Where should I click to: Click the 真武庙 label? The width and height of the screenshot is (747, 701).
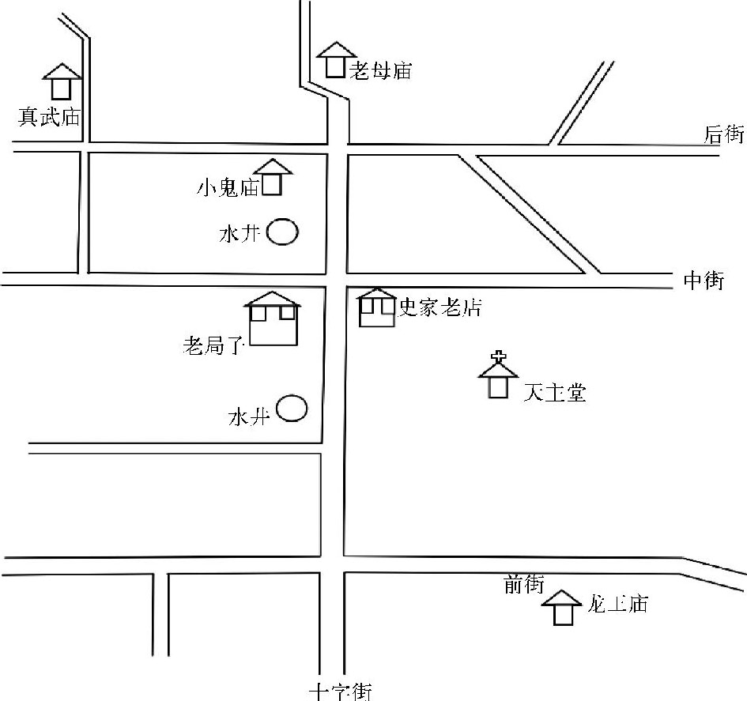[50, 118]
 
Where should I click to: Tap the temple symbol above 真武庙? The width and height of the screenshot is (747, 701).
[61, 81]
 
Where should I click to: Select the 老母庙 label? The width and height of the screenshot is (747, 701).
[381, 70]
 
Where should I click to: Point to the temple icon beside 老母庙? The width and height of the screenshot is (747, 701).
[336, 60]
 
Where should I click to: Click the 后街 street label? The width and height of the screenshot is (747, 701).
[724, 134]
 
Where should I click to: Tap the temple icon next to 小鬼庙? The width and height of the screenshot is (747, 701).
[272, 177]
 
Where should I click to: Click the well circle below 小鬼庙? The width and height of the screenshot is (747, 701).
[282, 232]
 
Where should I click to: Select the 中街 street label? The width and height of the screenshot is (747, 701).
[704, 281]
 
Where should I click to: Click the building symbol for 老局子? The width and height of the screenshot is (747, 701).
[274, 318]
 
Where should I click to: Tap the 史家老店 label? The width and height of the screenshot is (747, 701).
[440, 307]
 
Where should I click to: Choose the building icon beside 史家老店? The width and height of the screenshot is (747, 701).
[377, 308]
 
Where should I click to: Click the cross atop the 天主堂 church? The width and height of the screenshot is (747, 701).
[498, 356]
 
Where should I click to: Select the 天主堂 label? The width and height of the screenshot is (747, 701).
[554, 393]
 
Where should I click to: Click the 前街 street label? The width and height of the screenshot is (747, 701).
[523, 585]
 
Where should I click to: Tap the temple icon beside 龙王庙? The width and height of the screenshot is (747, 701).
[562, 608]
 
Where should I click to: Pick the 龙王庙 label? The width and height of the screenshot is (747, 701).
[618, 605]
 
